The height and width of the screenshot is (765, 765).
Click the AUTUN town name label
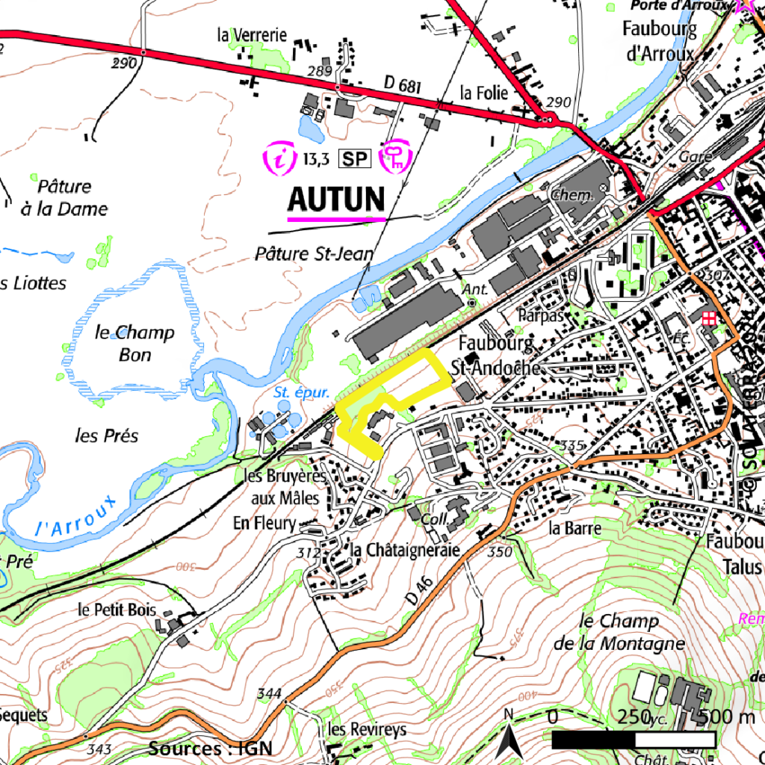336,199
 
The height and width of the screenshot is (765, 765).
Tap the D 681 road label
403,84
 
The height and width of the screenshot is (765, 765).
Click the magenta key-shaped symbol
397,156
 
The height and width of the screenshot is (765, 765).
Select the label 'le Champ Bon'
134,343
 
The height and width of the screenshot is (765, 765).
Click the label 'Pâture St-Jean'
314,254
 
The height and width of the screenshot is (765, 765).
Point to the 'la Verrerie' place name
252,34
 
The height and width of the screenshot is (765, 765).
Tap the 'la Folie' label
483,93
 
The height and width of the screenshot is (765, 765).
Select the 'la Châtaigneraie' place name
404,550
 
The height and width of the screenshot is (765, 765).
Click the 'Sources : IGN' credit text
210,749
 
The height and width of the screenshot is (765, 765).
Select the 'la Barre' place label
574,528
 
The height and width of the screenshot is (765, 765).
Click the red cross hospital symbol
707,318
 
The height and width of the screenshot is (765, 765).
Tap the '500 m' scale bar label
728,717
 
